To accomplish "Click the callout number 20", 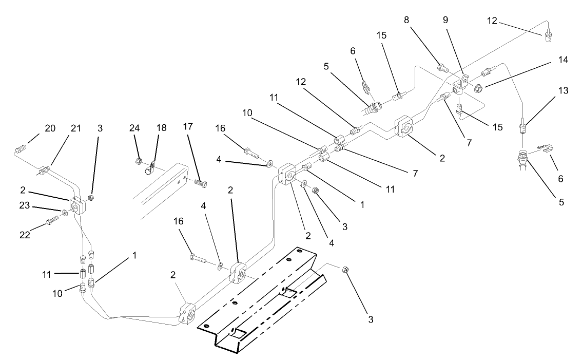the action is click(50, 128).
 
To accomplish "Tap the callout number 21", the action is click(75, 128).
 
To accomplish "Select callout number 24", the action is click(134, 128).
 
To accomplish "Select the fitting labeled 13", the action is click(523, 125).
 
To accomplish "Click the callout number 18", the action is click(162, 128).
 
